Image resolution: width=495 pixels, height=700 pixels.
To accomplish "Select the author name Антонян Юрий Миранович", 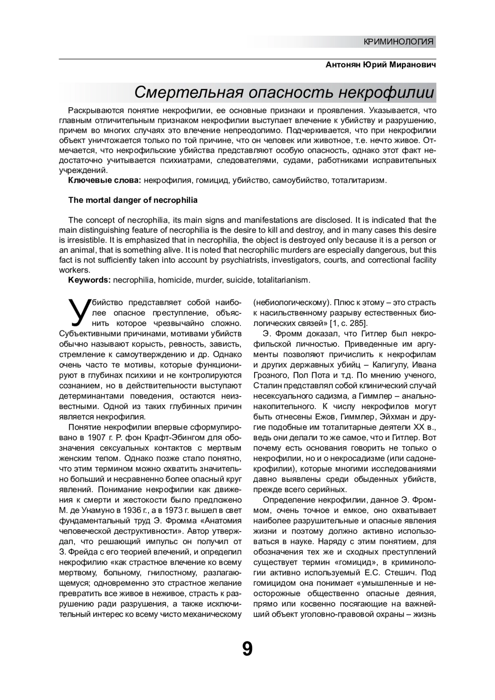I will coord(381,65).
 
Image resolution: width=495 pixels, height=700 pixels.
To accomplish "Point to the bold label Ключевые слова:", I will coord(105,181).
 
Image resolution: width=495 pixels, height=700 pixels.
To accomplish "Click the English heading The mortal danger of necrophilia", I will coord(133,200).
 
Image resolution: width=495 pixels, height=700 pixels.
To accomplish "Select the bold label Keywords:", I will coord(90,280).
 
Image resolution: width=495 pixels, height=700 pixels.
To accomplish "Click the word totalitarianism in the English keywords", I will coord(283,280).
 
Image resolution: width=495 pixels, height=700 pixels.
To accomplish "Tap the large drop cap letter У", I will coord(78,312).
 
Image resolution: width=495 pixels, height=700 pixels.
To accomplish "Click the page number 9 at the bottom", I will coord(247,650).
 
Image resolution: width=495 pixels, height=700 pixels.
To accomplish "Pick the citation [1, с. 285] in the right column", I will coord(347,323).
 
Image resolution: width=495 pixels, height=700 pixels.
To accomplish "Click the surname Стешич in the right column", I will coord(400,573).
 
